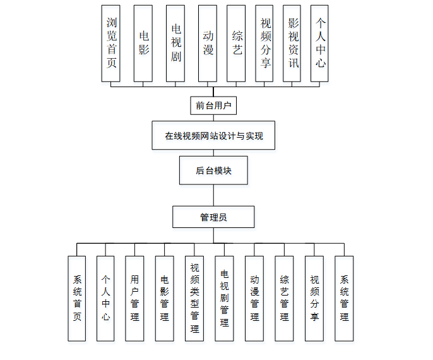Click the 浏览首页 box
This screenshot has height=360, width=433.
(111, 44)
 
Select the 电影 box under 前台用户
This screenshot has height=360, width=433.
(143, 44)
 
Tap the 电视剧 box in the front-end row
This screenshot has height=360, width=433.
(175, 44)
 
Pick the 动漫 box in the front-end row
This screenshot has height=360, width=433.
(207, 44)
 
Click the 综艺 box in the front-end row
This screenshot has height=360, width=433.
(236, 44)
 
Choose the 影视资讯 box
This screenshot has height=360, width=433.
(292, 44)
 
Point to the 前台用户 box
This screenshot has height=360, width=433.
(213, 105)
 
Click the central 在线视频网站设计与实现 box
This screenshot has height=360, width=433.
(213, 135)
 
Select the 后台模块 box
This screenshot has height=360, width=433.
(213, 171)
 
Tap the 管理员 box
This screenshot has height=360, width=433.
(213, 217)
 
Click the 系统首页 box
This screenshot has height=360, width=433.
(77, 298)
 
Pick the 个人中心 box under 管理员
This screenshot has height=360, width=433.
(105, 298)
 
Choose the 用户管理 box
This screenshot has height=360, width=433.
(134, 298)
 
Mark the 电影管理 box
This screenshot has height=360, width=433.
(164, 298)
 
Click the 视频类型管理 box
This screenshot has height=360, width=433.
(194, 298)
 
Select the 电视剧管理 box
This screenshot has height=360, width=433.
(224, 298)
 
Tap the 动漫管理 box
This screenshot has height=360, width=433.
(254, 298)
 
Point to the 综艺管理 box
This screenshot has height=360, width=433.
(284, 298)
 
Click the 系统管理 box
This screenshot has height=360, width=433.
(344, 298)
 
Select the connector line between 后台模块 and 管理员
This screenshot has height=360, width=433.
(213, 195)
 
